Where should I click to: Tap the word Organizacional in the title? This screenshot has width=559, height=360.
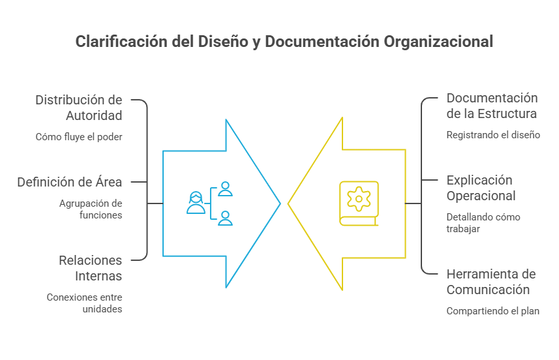coord(438,42)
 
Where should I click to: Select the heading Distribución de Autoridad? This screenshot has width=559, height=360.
coord(79,108)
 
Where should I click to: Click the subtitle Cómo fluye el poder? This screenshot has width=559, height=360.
coord(79,137)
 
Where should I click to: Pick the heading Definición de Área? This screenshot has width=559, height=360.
coord(70,182)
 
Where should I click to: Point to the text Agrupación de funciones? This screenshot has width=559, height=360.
coord(91,209)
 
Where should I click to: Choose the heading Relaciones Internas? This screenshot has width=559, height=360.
coord(91,268)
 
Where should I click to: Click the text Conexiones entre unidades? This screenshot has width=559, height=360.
coord(85,303)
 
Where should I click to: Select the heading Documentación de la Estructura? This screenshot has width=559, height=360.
coord(492,106)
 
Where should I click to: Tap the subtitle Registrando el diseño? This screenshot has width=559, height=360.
coord(493,135)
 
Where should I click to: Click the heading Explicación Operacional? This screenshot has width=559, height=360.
coord(481,188)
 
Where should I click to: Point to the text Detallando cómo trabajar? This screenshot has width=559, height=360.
coord(483,223)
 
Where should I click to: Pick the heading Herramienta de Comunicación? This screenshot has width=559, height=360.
coord(491,282)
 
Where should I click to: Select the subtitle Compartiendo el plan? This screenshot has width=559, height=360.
coord(492,311)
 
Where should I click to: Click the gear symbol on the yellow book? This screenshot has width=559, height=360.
coord(359,199)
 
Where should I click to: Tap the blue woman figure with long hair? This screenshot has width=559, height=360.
coord(196,202)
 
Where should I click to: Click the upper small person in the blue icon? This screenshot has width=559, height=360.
coord(225,189)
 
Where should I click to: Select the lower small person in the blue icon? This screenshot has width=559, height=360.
coord(225,218)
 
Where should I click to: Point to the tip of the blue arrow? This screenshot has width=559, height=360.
coord(280,203)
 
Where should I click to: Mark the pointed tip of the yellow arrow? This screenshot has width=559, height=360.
coord(288,204)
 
